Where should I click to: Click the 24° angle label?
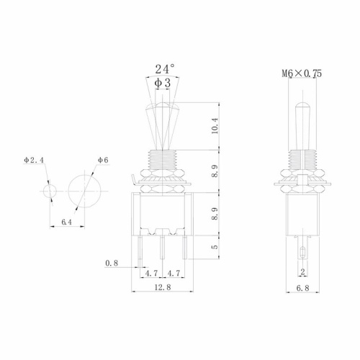pos(165,70)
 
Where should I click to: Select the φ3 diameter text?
pos(164,84)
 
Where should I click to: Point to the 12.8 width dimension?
pos(164,287)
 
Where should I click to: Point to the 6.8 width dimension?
pos(302,287)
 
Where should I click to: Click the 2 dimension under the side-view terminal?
pos(302,272)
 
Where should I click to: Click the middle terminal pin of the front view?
pos(164,248)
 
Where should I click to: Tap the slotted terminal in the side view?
pos(302,252)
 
